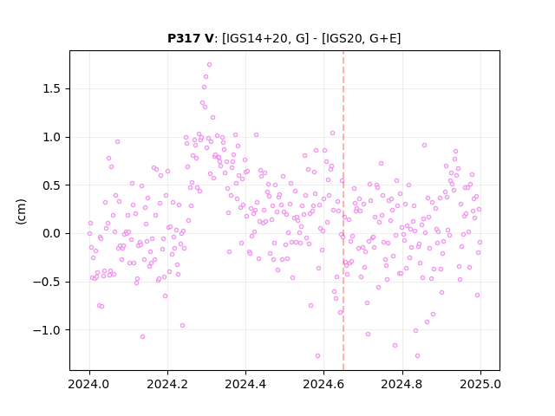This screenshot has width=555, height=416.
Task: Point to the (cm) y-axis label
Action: click(21, 211)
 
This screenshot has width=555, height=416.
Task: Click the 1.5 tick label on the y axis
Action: click(52, 88)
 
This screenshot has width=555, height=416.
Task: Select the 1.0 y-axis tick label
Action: click(52, 137)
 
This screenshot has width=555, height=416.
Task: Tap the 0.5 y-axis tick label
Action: click(52, 185)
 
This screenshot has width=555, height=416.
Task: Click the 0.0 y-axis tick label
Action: click(52, 233)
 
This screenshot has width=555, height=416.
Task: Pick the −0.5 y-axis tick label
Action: click(47, 282)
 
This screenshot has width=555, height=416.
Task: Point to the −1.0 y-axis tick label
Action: click(47, 330)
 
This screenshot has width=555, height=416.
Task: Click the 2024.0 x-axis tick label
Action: click(89, 384)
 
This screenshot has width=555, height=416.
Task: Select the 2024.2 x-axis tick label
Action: click(167, 384)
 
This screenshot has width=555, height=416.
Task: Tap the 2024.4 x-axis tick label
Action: click(245, 384)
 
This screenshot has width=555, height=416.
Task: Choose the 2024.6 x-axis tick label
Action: click(323, 384)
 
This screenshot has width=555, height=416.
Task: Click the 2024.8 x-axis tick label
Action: click(402, 384)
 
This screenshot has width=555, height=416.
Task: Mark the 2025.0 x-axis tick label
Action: click(480, 384)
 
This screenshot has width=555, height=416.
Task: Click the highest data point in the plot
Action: click(210, 65)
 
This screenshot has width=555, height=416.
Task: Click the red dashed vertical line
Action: click(343, 211)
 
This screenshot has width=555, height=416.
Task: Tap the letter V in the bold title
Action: click(209, 38)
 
